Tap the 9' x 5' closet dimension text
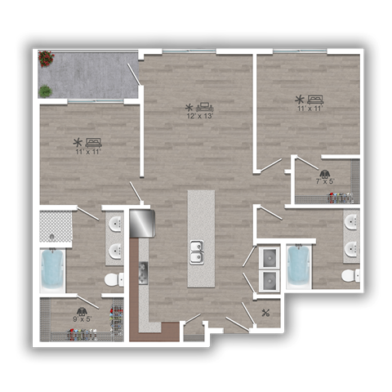(x=82, y=320)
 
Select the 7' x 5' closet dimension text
(x=324, y=181)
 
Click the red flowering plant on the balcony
(x=46, y=58)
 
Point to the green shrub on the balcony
(x=46, y=91)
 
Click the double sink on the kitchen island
(x=196, y=253)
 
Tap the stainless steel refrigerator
(x=140, y=222)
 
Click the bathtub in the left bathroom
(x=53, y=269)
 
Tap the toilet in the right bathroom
(x=350, y=275)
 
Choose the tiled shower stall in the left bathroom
(x=56, y=225)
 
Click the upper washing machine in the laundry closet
(x=268, y=258)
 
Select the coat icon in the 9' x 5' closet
(x=82, y=311)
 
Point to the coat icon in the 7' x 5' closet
(x=324, y=173)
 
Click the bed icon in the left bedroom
(x=93, y=141)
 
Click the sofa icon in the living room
(x=205, y=107)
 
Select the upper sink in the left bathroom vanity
(x=115, y=225)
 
